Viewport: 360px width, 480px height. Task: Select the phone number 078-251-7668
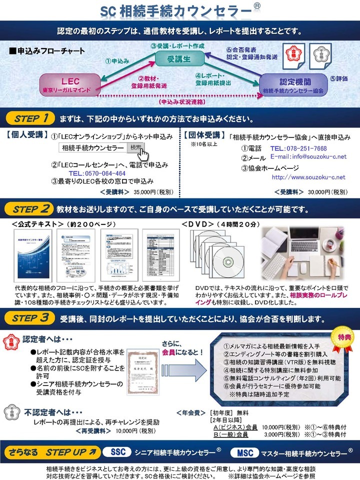305,148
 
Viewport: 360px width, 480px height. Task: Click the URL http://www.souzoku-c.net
308,177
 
